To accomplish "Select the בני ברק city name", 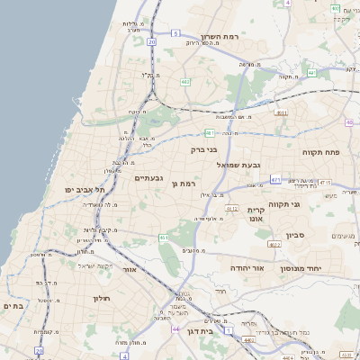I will (x=204, y=150).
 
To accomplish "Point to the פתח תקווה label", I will (x=320, y=153).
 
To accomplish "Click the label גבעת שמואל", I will (x=238, y=166).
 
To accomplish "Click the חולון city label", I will (x=100, y=298).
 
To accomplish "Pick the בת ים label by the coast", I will (x=13, y=306).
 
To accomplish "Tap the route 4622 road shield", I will (x=274, y=244).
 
